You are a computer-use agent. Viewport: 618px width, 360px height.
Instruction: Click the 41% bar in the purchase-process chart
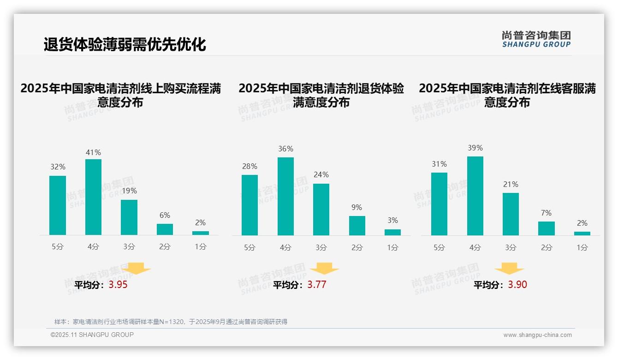coord(93,197)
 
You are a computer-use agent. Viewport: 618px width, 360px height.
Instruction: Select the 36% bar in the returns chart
coord(285,196)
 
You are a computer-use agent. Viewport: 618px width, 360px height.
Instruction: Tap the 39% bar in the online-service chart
coord(475,196)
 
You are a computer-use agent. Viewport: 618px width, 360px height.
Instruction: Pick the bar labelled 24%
coord(321,210)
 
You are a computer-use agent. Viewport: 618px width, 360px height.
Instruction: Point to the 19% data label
coord(129,191)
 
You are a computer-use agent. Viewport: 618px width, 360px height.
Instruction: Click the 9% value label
coord(357,208)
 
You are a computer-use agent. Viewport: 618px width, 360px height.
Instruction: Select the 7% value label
coord(547,213)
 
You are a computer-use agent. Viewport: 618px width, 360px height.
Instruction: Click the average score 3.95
coord(118,285)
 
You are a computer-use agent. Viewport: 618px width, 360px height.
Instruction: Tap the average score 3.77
coord(317,285)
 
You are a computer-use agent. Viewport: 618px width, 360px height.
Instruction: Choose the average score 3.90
coord(517,285)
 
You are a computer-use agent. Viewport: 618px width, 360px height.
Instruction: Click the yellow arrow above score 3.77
coord(324,269)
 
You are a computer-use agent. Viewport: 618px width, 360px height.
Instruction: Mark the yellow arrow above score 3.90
coord(509,269)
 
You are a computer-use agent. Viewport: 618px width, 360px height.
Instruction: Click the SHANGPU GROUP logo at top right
coord(536,39)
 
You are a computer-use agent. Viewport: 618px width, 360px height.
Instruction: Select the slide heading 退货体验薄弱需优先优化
coord(125,44)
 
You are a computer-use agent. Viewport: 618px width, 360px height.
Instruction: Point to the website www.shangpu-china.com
coord(537,335)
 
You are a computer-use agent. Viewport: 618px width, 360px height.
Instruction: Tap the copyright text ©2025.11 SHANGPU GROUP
coord(92,335)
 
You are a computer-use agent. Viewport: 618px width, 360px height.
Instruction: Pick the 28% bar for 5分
coord(250,205)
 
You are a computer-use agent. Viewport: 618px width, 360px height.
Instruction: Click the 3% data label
coord(392,221)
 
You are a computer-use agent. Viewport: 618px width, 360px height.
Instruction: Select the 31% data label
coord(440,164)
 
